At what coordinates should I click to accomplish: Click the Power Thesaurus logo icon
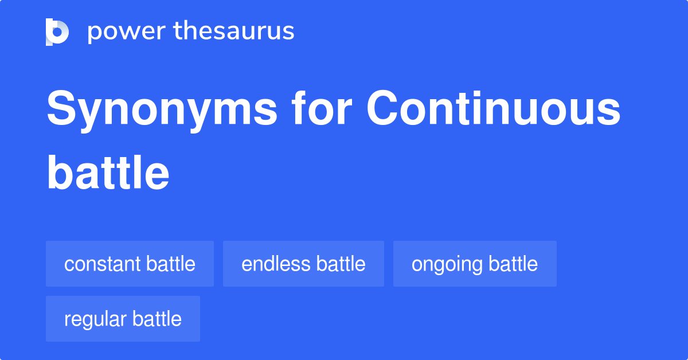(x=57, y=32)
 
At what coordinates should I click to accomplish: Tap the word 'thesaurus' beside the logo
(x=234, y=32)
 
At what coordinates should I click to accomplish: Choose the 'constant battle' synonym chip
(x=130, y=264)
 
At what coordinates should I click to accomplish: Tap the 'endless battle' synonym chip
(x=303, y=264)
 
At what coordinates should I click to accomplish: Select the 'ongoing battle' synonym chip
(x=475, y=264)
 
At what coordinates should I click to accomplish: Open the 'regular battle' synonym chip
(x=123, y=319)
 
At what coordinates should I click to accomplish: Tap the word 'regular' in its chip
(x=96, y=319)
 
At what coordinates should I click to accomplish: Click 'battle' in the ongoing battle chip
(x=513, y=264)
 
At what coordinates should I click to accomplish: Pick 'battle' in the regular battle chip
(x=157, y=319)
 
